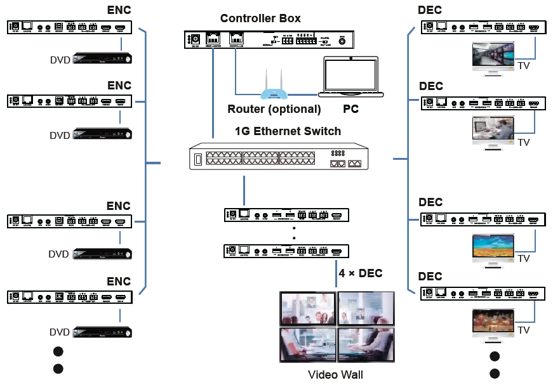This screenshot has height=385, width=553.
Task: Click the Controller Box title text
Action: point(260,18)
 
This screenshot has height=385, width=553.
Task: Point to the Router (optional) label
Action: point(274,109)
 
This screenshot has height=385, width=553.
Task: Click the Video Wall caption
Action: point(335,374)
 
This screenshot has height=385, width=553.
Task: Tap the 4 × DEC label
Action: point(361,273)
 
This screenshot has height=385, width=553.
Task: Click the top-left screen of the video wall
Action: point(308,308)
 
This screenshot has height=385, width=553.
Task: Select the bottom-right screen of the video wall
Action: point(366,344)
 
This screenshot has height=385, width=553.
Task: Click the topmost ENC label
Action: point(119,10)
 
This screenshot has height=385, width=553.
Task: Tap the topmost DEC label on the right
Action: point(430,10)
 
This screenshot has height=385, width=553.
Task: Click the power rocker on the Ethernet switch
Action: point(197,159)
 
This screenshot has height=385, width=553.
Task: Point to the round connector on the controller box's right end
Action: point(343,41)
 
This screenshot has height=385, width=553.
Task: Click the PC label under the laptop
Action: point(350,109)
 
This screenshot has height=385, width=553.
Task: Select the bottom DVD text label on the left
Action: point(60,332)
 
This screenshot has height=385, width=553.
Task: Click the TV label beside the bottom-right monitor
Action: point(524,330)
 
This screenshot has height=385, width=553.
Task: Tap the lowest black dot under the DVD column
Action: point(58,369)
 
